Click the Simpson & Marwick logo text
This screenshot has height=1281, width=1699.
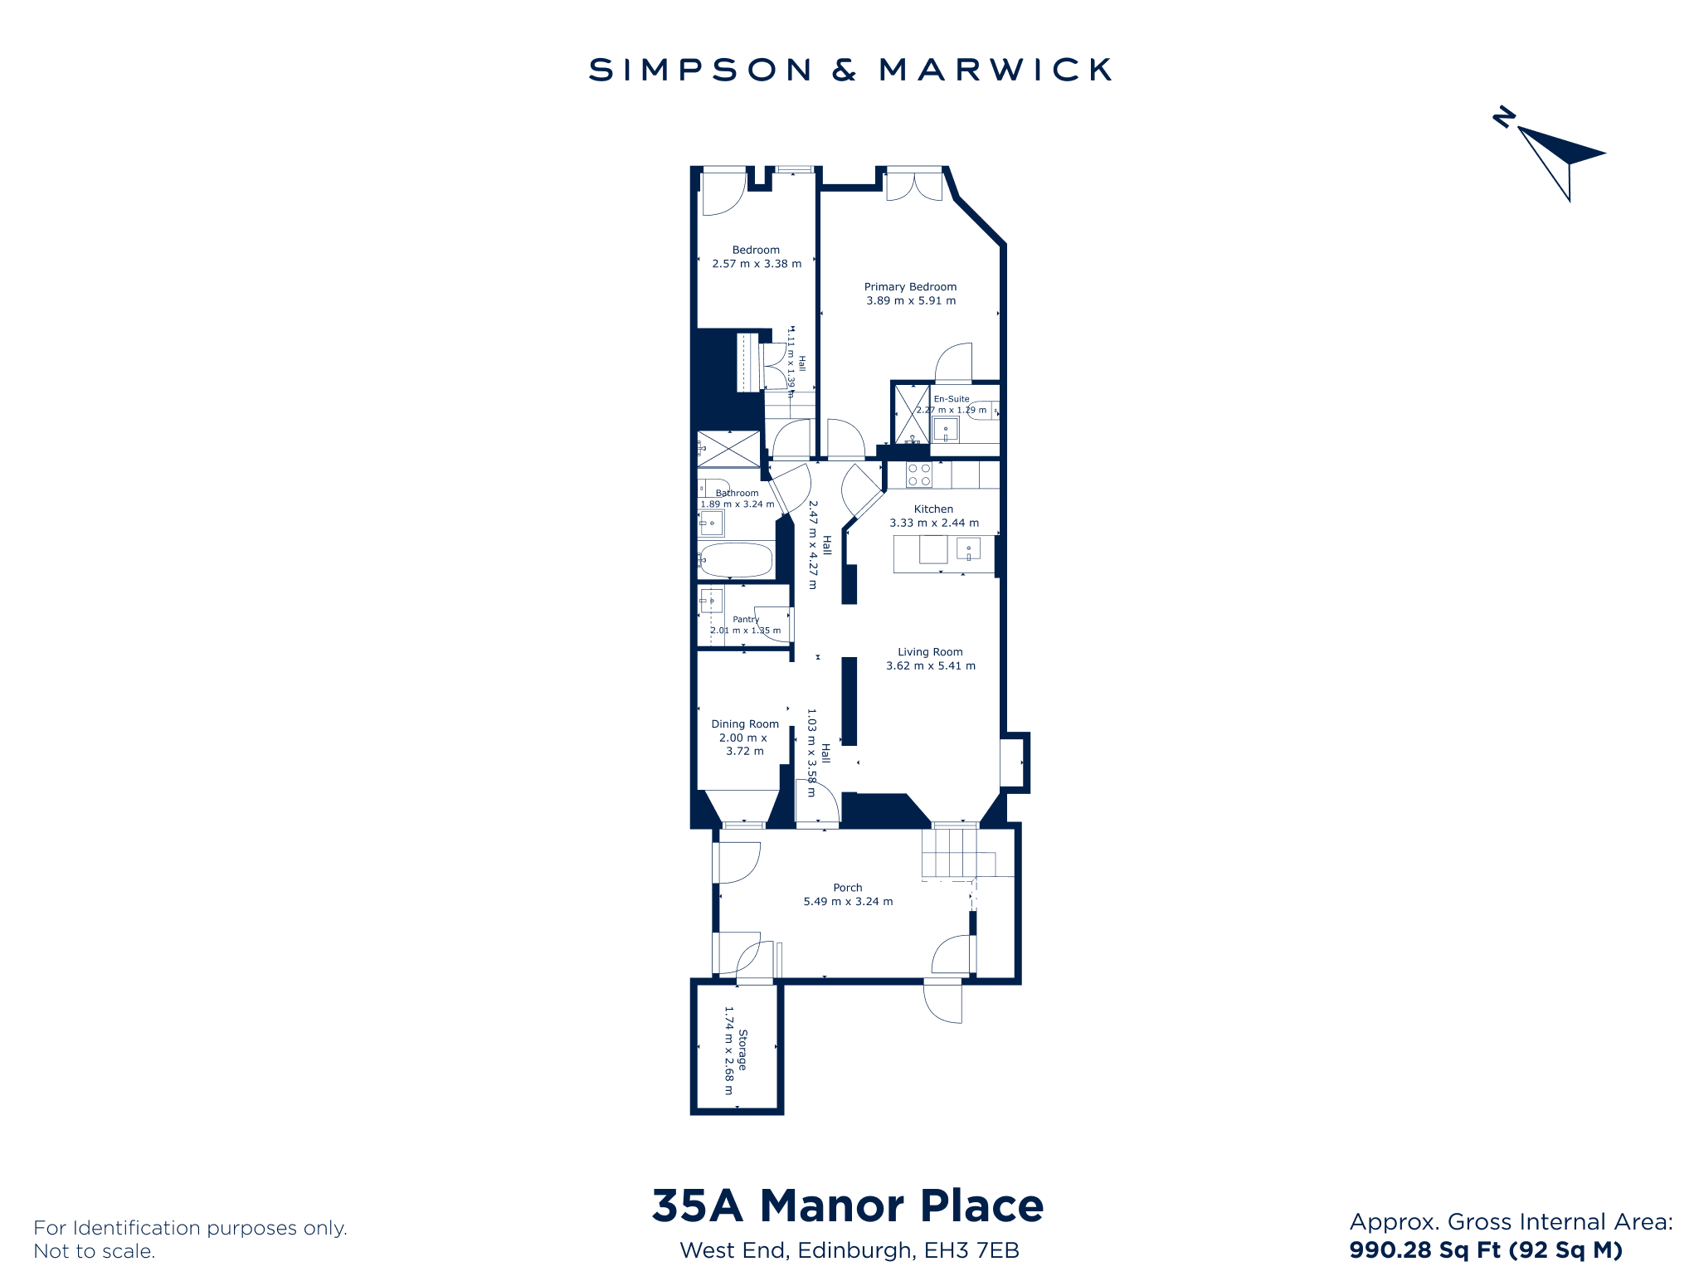849,70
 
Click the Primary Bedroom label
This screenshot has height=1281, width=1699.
910,287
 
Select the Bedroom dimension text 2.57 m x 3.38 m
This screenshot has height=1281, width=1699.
757,264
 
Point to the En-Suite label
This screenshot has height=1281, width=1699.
952,399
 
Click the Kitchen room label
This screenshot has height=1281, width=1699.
933,509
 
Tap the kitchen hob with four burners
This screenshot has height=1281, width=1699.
918,475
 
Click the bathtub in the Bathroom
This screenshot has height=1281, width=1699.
736,560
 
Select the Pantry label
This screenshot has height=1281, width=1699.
746,620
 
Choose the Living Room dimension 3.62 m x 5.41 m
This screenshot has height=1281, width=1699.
931,666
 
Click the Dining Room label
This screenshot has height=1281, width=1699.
745,724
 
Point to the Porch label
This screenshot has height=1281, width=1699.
848,888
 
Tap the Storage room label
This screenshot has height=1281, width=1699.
742,1050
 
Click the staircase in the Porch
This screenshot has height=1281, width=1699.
967,853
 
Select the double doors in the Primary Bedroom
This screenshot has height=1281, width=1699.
914,185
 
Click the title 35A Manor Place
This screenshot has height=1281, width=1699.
848,1206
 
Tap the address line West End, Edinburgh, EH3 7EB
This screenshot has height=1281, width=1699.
849,1251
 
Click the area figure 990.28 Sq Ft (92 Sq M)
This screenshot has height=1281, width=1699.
1486,1250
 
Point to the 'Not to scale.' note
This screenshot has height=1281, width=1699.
95,1252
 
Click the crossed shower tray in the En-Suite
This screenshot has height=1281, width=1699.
912,414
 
